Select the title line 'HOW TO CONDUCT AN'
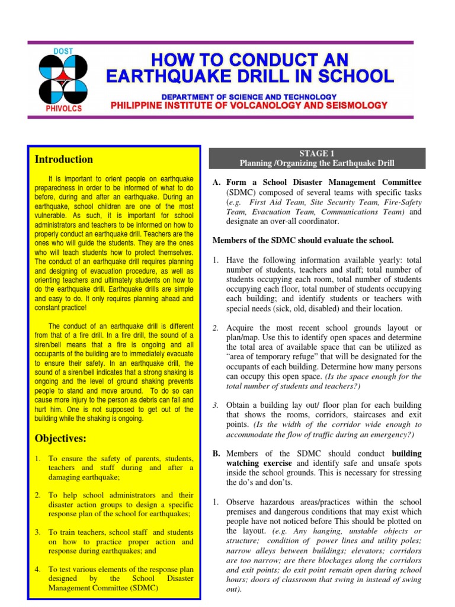click(249, 60)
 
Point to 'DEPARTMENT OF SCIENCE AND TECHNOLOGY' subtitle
click(249, 96)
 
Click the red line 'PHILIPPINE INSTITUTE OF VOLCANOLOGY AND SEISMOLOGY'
click(249, 106)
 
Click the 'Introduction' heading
click(64, 159)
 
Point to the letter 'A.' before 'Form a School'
click(217, 182)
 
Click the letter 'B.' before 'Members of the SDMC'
click(217, 453)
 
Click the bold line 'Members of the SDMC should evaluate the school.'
click(303, 240)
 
